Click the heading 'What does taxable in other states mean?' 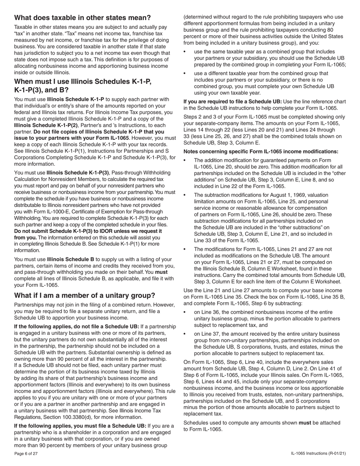pyautogui.click(x=82, y=18)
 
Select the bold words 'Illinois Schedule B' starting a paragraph pyautogui.click(x=70, y=260)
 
